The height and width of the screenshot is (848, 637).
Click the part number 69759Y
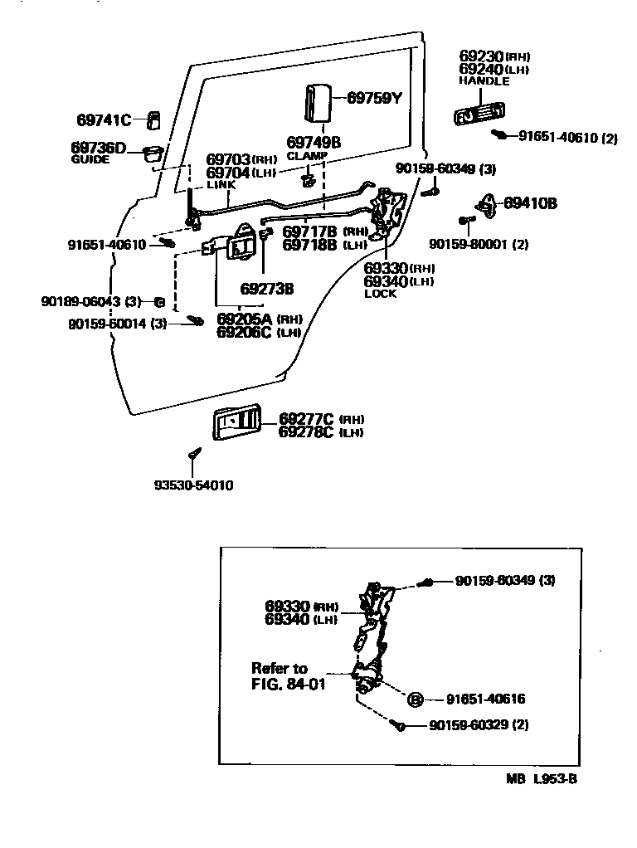click(373, 98)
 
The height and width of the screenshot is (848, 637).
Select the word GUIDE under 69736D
click(90, 159)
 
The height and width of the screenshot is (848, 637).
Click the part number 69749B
click(314, 143)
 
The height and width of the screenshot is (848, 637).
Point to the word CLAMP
click(308, 156)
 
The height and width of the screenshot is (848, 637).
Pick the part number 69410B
click(530, 203)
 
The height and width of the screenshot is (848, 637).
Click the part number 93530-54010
click(193, 485)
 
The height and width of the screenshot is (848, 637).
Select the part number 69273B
click(267, 289)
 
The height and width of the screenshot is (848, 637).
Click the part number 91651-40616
click(486, 699)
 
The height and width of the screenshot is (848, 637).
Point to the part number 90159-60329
click(468, 725)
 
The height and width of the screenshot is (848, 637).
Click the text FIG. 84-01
click(288, 685)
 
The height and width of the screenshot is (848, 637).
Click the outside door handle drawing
click(479, 112)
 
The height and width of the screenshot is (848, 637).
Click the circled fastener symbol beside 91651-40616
click(415, 699)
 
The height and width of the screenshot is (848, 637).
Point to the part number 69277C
click(306, 418)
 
